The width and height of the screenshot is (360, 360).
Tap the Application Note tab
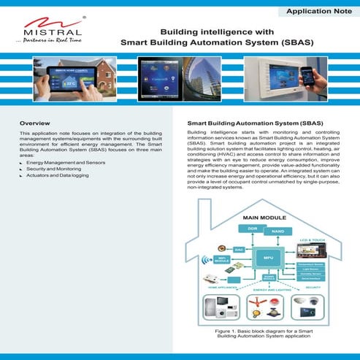[x=319, y=12]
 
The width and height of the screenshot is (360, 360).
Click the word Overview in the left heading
[x=35, y=125]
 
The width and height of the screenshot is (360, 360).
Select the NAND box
[x=278, y=232]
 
